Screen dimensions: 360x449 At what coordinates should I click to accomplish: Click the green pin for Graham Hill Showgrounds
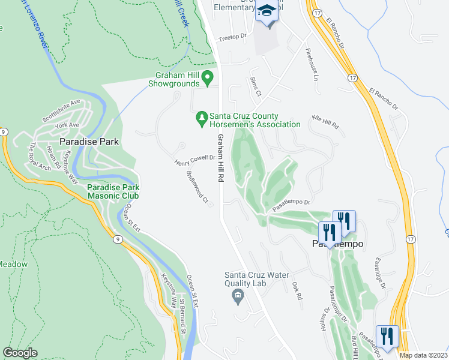pyautogui.click(x=208, y=77)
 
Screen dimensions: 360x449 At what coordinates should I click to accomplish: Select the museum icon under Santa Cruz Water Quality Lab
pyautogui.click(x=238, y=296)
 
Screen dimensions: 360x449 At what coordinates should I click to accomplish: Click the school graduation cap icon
pyautogui.click(x=267, y=12)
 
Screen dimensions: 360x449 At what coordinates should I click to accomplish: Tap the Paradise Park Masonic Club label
pyautogui.click(x=113, y=191)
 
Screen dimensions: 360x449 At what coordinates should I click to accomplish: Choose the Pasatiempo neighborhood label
pyautogui.click(x=337, y=244)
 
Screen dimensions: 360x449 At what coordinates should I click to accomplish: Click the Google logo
pyautogui.click(x=20, y=353)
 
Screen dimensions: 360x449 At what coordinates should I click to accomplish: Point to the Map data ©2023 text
pyautogui.click(x=424, y=355)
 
